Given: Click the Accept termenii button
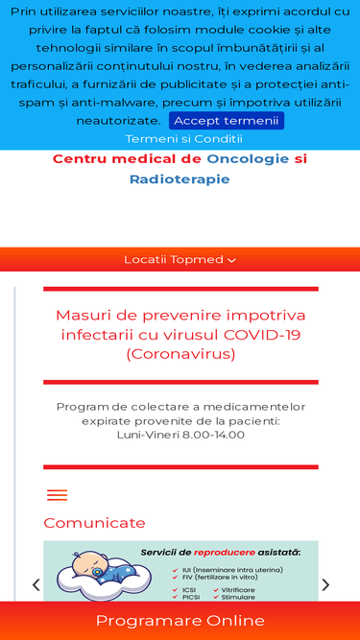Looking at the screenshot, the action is click(x=227, y=121).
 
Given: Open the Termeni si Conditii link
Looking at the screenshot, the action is click(x=184, y=139).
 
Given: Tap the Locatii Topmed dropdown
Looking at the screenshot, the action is click(x=180, y=260).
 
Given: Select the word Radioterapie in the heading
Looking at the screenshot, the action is click(x=180, y=178).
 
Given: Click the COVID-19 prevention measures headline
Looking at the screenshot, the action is click(x=180, y=335).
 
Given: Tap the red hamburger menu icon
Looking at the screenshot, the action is click(x=58, y=495).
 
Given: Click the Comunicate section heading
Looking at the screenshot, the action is click(x=94, y=523).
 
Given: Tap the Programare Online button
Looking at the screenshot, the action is click(x=180, y=621).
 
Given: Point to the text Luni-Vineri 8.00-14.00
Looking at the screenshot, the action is click(x=180, y=435).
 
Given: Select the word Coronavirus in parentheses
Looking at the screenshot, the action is click(x=180, y=354).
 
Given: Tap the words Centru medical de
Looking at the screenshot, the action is click(x=127, y=159).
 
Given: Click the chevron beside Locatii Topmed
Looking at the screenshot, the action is click(x=231, y=260).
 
